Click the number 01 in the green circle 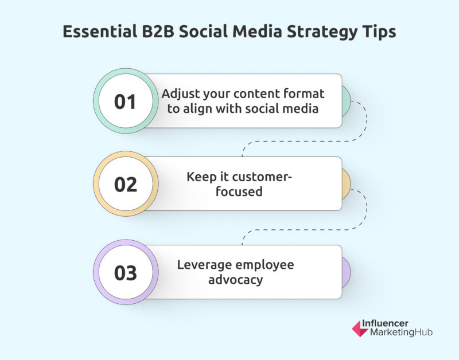point(125,101)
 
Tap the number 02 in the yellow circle point(126,185)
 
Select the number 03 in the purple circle point(126,273)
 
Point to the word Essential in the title point(100,32)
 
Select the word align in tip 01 point(197,109)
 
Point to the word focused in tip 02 point(239,191)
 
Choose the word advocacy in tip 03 point(236,280)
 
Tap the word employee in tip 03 point(264,265)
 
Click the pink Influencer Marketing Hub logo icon point(359,328)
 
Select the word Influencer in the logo point(385,323)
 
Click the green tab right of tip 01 point(347,101)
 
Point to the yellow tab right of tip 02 point(347,184)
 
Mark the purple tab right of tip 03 point(347,272)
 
